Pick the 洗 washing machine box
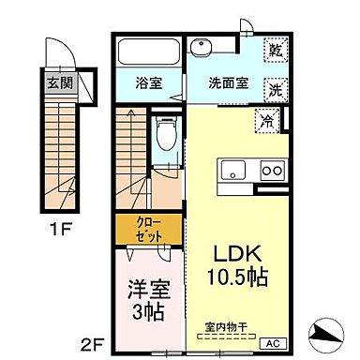(275, 91)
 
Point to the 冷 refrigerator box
(268, 120)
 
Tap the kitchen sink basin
(231, 170)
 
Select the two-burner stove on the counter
(272, 170)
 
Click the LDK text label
(239, 255)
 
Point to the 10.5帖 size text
(239, 278)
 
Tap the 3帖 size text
(146, 310)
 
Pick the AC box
(277, 342)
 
